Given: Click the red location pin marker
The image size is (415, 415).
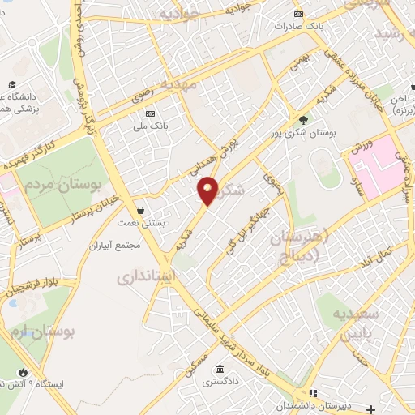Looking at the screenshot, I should (208, 190).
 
